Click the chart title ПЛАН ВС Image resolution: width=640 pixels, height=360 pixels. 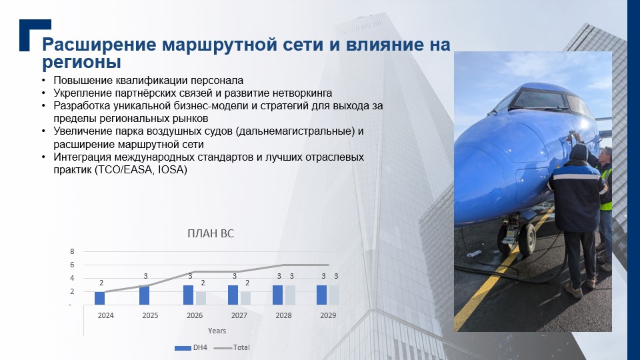(x=211, y=233)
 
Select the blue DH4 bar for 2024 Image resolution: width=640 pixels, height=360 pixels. (x=99, y=299)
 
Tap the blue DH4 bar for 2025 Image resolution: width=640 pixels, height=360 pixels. (x=144, y=295)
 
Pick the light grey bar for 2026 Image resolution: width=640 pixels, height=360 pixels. (x=201, y=299)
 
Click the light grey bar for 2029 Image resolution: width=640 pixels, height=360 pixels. (x=334, y=295)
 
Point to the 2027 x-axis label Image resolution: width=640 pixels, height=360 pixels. (x=239, y=315)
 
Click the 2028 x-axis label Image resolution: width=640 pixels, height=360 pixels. (x=284, y=315)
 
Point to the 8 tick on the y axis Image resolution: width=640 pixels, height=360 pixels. (x=72, y=251)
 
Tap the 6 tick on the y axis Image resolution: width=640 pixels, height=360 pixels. (x=72, y=265)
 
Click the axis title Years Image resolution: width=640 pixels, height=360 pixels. (x=217, y=331)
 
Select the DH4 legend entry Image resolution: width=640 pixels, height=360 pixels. (x=191, y=348)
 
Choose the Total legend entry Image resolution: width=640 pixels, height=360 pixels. (x=232, y=348)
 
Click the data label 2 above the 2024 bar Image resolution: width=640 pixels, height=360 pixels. (x=101, y=283)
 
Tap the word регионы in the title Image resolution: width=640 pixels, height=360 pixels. (x=81, y=63)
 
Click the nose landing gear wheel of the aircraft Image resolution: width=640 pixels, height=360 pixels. (x=527, y=239)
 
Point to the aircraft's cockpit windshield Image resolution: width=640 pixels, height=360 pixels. (x=539, y=99)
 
